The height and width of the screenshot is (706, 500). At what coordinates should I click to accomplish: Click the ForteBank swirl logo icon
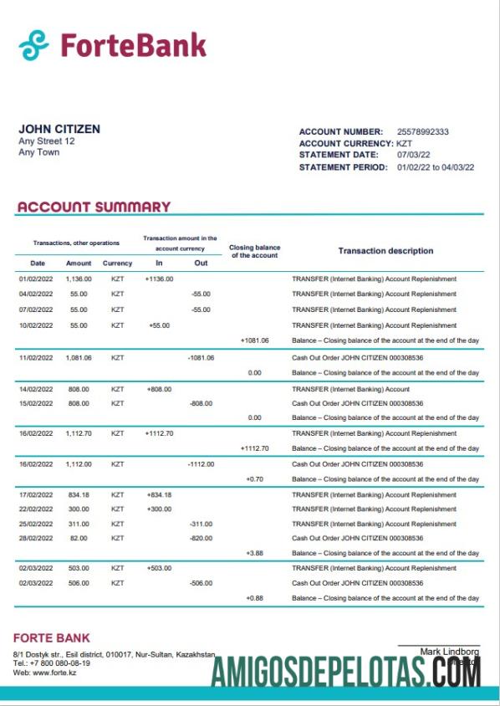[34, 45]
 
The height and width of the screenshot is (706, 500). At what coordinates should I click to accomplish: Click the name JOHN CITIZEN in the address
[59, 129]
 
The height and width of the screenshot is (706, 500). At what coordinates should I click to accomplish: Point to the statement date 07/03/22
[413, 156]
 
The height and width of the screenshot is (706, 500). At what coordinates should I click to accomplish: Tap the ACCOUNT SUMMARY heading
[94, 207]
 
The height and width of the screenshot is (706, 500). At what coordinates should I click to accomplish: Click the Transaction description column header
[385, 251]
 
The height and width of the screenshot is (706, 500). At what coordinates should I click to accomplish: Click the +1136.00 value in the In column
[159, 279]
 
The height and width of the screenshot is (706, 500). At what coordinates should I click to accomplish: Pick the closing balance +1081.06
[254, 340]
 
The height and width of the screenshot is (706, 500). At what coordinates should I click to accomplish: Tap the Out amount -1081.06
[201, 357]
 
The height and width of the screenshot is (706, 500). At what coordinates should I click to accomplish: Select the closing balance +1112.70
[254, 448]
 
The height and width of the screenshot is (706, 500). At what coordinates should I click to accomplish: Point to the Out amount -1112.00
[201, 463]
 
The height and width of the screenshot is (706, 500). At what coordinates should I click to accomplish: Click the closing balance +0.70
[254, 479]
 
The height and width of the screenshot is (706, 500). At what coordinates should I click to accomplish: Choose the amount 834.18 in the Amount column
[79, 494]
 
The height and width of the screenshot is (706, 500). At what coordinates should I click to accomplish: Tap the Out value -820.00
[201, 538]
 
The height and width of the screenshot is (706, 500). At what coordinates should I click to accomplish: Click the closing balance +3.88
[254, 554]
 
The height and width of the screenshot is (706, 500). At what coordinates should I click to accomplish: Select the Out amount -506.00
[201, 583]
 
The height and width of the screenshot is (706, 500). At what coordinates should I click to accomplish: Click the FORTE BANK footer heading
[52, 638]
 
